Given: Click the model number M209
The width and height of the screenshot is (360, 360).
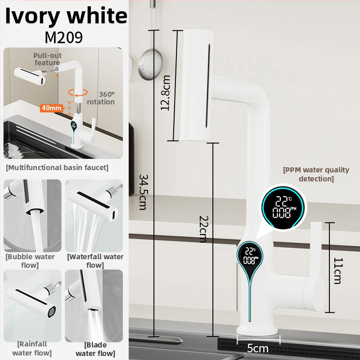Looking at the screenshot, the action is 63,37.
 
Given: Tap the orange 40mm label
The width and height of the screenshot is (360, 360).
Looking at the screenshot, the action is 51,108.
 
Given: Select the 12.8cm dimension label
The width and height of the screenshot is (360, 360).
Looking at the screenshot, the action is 166,93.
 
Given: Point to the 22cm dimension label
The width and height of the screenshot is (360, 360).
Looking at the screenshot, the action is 203,229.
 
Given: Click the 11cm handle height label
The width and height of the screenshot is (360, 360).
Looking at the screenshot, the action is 338,271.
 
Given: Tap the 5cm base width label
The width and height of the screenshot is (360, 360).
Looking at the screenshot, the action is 257,348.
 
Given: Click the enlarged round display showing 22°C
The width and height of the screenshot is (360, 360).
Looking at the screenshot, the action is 283,207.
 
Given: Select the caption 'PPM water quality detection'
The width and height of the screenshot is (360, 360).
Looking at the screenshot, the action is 316,174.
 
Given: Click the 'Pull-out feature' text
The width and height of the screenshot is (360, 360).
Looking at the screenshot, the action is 47,59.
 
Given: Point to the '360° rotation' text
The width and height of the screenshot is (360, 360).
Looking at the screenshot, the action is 101,98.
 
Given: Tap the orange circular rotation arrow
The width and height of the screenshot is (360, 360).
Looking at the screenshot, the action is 78,93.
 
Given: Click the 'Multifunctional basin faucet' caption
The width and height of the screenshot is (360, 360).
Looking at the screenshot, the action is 57,167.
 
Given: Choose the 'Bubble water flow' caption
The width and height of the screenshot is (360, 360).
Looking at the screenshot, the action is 30,261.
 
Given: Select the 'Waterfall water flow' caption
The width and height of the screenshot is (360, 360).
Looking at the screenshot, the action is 95,261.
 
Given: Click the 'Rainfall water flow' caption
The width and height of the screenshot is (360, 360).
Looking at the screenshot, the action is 32,348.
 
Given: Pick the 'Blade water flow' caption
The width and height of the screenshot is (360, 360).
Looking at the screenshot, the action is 95,349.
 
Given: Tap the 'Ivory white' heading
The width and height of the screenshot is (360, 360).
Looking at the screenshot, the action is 66,16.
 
